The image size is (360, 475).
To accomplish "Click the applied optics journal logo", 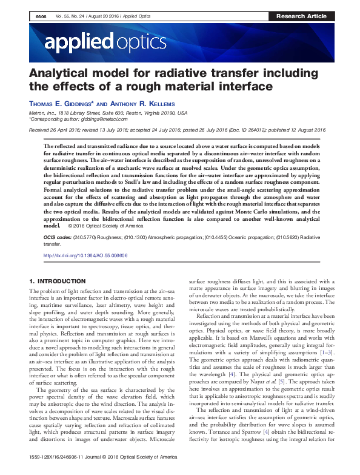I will (x=104, y=41).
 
